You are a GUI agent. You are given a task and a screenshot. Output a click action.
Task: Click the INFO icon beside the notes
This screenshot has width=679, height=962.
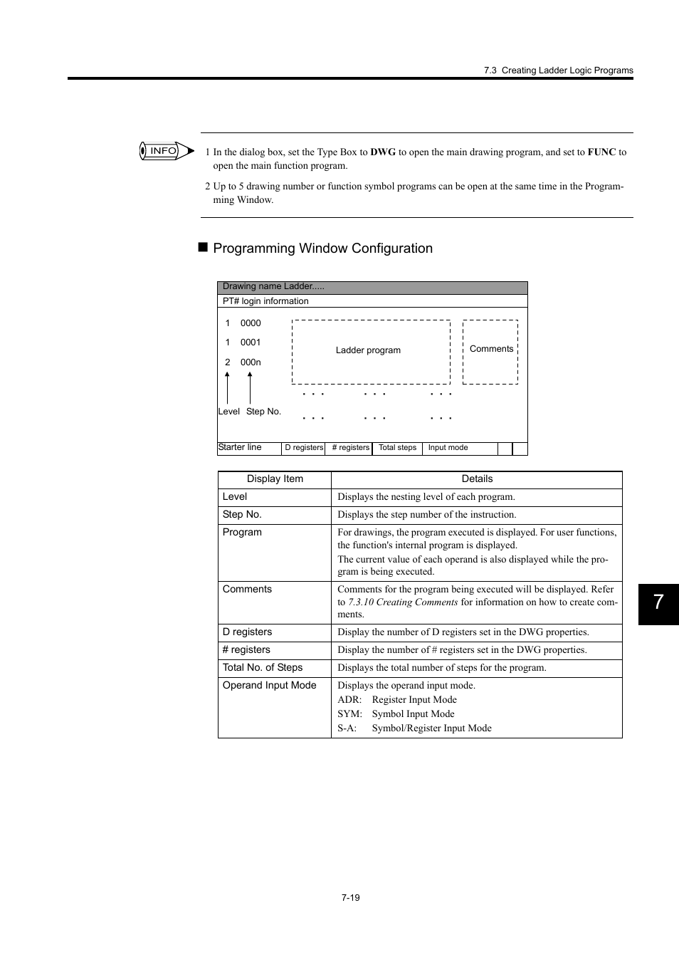(166, 151)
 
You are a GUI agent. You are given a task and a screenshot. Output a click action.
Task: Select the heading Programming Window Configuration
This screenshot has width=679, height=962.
(322, 249)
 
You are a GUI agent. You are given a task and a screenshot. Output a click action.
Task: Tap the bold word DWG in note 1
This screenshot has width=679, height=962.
(383, 152)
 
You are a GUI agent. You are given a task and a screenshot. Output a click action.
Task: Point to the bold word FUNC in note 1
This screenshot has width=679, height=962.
(601, 152)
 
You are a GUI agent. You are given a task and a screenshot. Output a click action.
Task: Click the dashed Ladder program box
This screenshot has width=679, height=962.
(370, 351)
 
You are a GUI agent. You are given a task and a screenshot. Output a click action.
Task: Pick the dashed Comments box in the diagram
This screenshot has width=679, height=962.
(490, 351)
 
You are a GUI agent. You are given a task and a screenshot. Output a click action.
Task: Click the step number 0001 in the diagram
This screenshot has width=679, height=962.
(251, 343)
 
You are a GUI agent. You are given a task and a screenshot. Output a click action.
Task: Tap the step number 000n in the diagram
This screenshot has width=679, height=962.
(251, 362)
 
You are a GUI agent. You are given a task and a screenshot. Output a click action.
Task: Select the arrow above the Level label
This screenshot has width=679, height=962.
(227, 387)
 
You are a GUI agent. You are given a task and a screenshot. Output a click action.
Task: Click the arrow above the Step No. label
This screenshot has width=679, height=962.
(250, 387)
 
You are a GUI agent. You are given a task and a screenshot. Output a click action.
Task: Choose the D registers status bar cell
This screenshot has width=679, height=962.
(304, 448)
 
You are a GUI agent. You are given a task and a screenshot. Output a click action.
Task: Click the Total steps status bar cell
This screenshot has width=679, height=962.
(397, 448)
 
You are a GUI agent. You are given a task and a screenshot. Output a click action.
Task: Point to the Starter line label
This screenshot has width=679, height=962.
(240, 447)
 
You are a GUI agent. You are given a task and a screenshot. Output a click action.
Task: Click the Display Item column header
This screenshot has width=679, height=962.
(275, 479)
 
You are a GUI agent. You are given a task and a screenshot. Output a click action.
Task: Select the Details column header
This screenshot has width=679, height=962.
(477, 479)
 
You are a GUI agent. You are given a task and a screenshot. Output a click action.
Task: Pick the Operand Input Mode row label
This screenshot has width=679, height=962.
(269, 685)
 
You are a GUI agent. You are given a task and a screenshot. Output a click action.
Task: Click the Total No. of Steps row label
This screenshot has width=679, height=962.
(263, 667)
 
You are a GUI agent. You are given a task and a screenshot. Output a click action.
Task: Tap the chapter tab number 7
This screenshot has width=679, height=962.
(658, 603)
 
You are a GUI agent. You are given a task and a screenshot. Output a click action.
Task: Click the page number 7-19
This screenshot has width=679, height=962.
(350, 897)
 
